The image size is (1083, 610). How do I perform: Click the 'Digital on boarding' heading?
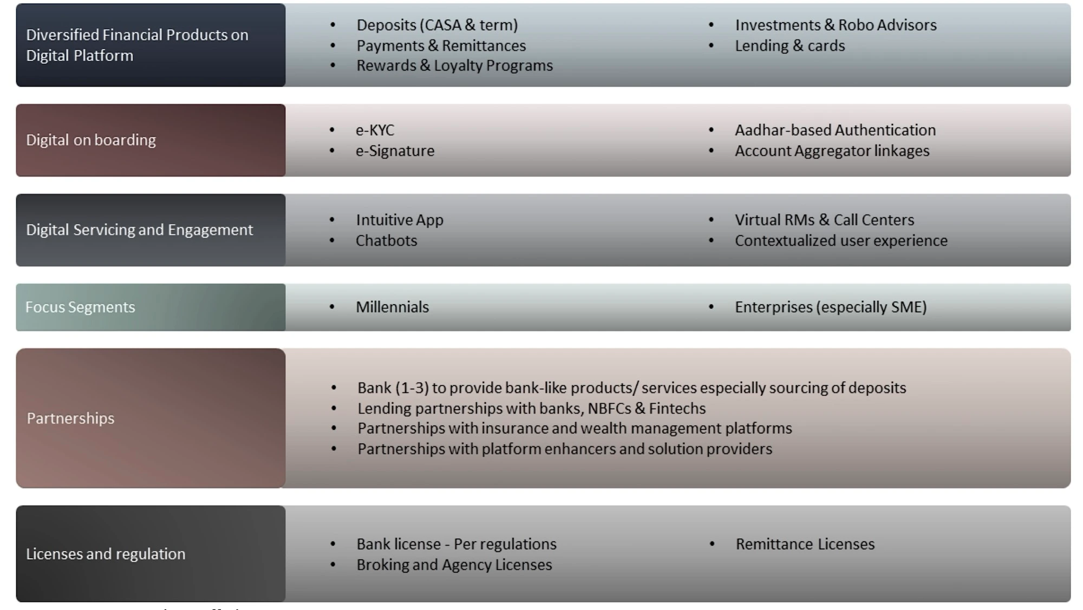[x=91, y=140]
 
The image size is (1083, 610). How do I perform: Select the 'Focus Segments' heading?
[x=80, y=307]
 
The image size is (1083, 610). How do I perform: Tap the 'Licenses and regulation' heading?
[x=106, y=554]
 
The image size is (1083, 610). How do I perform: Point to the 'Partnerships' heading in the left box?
[x=70, y=418]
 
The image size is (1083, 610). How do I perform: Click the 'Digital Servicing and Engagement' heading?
[x=139, y=230]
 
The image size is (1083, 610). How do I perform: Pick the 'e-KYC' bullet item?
[x=375, y=130]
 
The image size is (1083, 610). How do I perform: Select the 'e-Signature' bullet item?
[x=395, y=151]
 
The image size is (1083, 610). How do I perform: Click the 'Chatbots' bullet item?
[x=386, y=240]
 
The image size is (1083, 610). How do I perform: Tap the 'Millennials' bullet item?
[x=392, y=307]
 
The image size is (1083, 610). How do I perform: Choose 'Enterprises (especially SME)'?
[x=831, y=307]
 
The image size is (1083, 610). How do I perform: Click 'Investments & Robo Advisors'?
[x=836, y=25]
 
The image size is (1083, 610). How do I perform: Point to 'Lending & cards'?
[x=790, y=46]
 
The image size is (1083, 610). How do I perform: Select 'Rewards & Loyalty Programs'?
[x=454, y=65]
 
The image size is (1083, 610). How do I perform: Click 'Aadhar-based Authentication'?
[x=835, y=130]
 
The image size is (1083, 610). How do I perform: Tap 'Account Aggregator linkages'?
[x=832, y=151]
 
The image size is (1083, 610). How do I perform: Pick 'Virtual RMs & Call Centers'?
[x=824, y=220]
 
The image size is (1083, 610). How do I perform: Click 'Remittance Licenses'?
[x=805, y=544]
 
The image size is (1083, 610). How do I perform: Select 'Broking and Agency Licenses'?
[x=454, y=565]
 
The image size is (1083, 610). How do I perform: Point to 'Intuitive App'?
[x=400, y=220]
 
